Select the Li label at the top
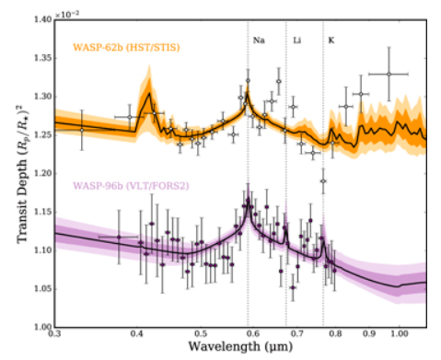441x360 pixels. pos(296,41)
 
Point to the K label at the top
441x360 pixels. pos(331,41)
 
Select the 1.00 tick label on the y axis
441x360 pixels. pos(41,327)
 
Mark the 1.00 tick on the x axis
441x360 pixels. pos(399,335)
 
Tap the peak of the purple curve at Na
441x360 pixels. pos(247,203)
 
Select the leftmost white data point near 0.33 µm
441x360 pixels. pos(82,130)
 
